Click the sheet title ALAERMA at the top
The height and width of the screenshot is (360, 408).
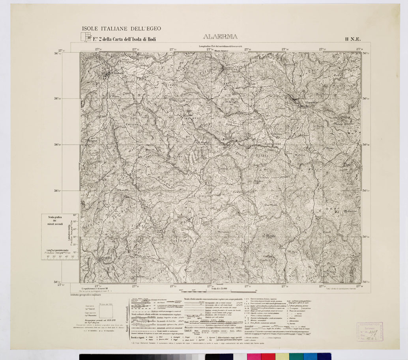[x=220, y=38]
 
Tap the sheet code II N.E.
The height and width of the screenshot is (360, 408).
[x=352, y=39]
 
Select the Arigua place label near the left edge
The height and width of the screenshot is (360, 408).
[x=92, y=140]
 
